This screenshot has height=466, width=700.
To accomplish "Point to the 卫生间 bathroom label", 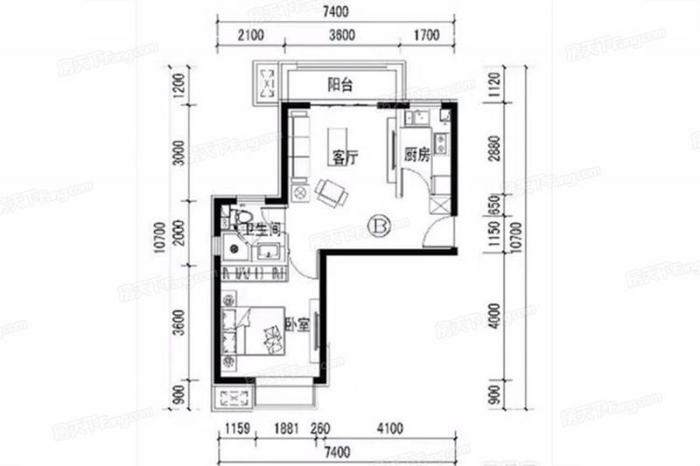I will [261, 230].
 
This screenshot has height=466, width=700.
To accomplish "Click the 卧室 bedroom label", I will [295, 324].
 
